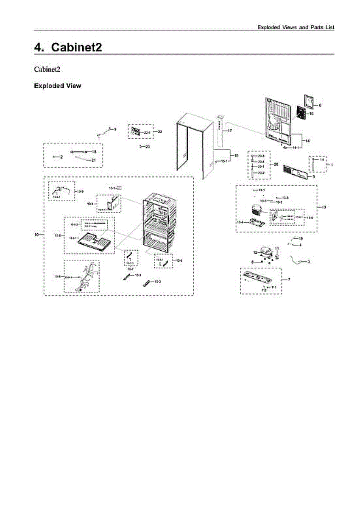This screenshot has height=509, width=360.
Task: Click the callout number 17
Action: pos(229,131)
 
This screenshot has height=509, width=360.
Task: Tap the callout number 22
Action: pos(160,132)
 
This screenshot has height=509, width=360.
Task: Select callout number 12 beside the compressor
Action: pos(255,253)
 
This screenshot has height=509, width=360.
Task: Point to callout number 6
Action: pos(320,105)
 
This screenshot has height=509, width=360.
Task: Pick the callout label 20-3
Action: pos(261,157)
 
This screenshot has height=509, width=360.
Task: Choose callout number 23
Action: pos(148,146)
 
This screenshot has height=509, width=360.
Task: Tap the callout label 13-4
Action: pos(240,222)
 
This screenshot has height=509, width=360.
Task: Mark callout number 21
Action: pos(94,160)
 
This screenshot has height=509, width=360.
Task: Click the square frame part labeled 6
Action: pos(310,101)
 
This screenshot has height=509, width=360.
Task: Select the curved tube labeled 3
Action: pos(298,260)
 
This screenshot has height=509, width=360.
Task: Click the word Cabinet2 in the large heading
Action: pos(76,47)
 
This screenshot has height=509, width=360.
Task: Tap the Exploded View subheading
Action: pos(57,86)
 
